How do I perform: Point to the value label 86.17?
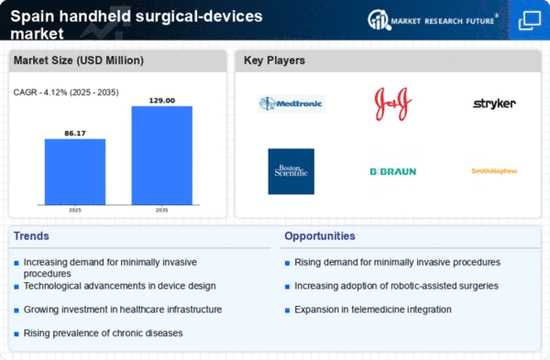75,133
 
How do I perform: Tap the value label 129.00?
161,100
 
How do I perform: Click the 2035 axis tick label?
161,211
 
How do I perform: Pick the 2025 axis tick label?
75,211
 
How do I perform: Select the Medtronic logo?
291,104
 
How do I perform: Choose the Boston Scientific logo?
291,170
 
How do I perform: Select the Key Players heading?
274,61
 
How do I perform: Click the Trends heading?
33,236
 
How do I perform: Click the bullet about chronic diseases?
103,332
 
